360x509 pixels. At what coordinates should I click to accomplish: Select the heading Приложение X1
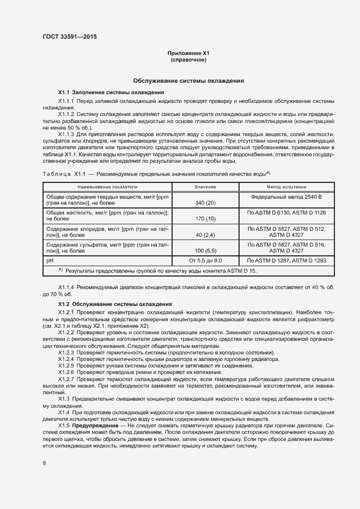(x=188, y=53)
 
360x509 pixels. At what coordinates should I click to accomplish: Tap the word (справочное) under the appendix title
(x=188, y=60)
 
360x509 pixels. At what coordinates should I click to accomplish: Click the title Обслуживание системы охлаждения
(x=188, y=81)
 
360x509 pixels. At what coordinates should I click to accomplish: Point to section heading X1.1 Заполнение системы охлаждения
(x=111, y=93)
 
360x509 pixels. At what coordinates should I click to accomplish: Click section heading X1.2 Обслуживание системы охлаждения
(x=115, y=304)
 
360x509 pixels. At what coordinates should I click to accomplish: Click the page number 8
(x=44, y=463)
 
